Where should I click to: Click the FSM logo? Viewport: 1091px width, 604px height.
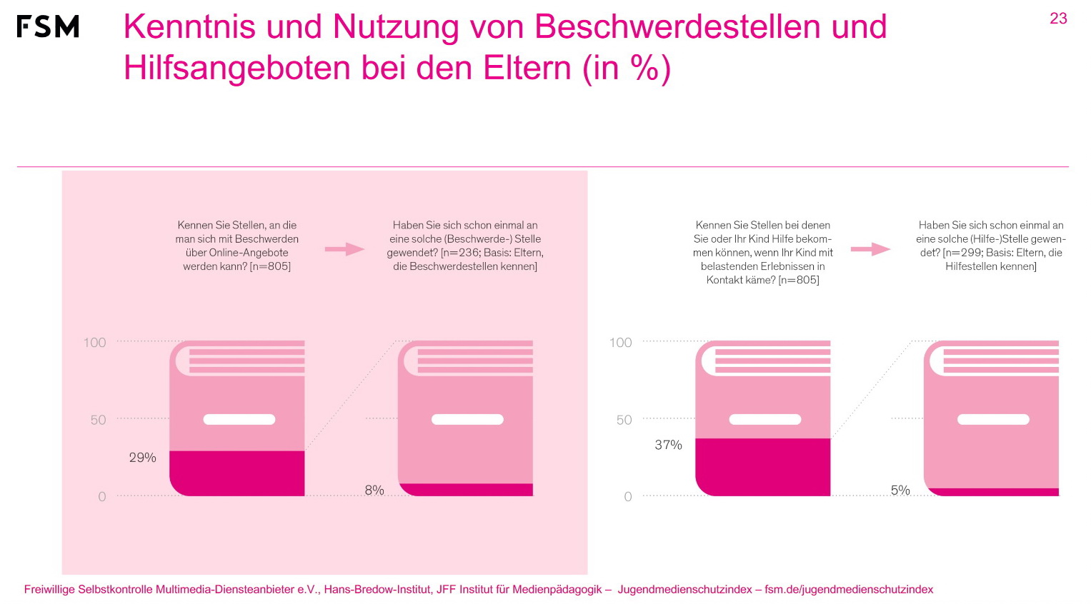coord(48,26)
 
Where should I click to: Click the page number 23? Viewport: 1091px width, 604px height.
coord(1058,19)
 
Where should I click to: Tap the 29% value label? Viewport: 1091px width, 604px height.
coord(142,458)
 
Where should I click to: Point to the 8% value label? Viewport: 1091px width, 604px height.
coord(374,490)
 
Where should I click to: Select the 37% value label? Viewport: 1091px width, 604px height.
coord(668,445)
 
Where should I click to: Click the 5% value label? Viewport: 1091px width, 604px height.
coord(900,490)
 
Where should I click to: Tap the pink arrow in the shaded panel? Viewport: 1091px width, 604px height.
coord(344,249)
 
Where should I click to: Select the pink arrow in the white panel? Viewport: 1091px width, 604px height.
coord(870,249)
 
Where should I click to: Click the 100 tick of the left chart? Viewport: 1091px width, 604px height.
coord(94,343)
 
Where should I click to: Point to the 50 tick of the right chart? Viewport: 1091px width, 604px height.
coord(624,420)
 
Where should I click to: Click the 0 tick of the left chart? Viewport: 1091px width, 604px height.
coord(101,497)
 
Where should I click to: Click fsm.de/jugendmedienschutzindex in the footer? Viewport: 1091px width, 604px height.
coord(849,590)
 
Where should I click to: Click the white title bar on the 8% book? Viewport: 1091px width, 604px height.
coord(467,420)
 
